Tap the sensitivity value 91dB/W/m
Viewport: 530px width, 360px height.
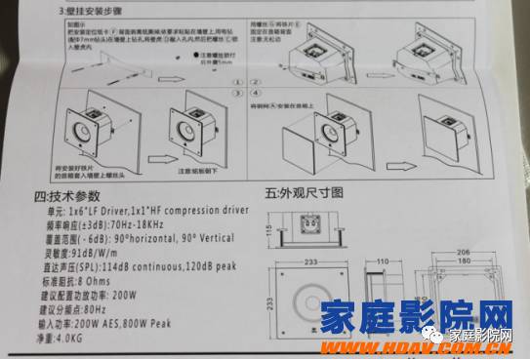tap(96, 249)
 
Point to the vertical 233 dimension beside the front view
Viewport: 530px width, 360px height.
tap(264, 304)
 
